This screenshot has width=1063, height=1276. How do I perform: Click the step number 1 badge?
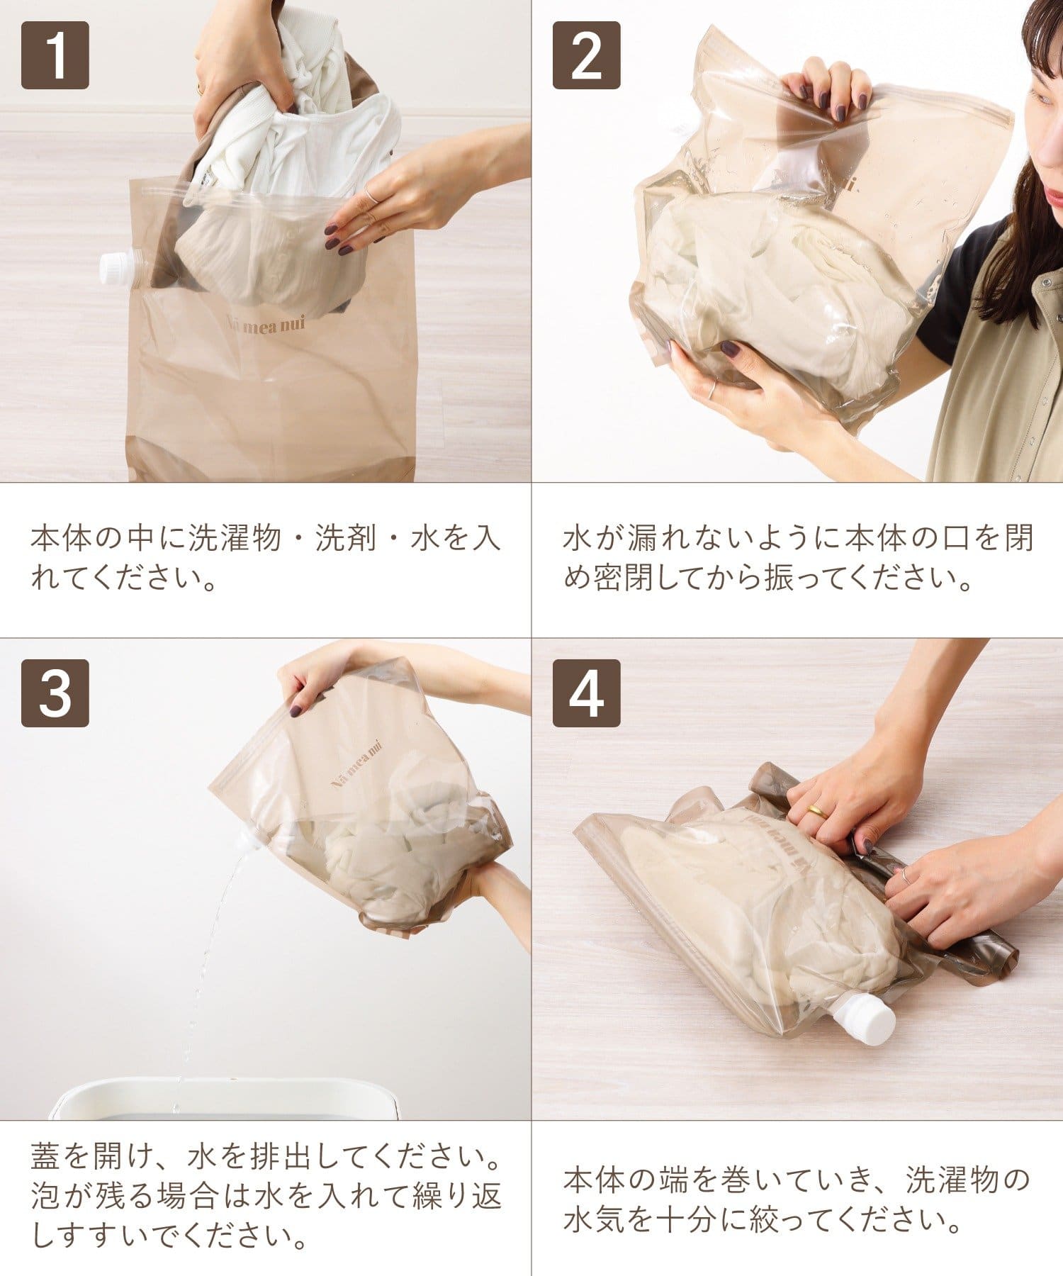(55, 55)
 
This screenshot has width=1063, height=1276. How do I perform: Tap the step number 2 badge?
(587, 55)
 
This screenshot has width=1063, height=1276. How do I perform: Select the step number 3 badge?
(55, 693)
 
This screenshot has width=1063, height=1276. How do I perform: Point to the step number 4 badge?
(587, 693)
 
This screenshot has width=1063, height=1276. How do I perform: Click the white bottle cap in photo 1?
(118, 269)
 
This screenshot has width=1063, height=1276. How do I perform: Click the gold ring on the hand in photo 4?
(816, 811)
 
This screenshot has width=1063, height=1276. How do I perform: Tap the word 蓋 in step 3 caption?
(47, 1159)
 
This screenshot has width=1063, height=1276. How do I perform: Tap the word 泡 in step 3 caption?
(47, 1197)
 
